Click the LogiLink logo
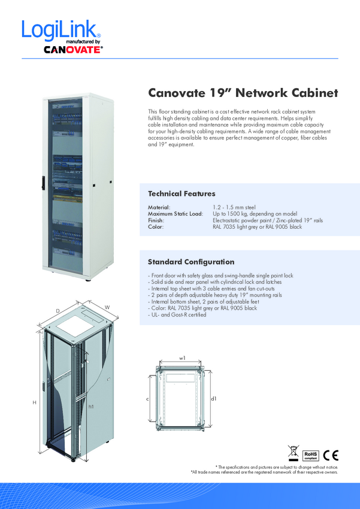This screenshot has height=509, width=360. tap(60, 30)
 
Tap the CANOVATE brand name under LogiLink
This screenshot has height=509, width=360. tap(73, 51)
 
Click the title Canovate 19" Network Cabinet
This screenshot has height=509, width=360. tap(243, 93)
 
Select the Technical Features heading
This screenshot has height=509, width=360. tap(181, 194)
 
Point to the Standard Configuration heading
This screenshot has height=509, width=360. tap(191, 262)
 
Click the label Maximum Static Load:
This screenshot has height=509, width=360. tap(176, 214)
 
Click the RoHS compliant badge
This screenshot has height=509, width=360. tap(310, 453)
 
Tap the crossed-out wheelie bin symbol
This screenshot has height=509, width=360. tap(293, 453)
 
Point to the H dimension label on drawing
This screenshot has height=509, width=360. tap(34, 403)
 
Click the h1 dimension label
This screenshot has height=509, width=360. tap(90, 407)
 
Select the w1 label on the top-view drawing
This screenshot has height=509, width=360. tap(182, 357)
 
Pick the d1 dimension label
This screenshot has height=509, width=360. tap(213, 398)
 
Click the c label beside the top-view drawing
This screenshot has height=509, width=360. tap(147, 398)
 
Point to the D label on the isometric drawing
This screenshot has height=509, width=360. tap(58, 311)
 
